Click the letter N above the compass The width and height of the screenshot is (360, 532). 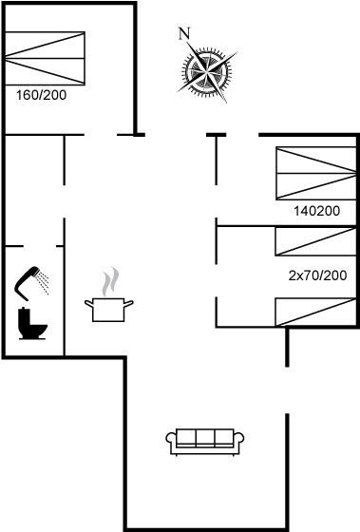coord(184,34)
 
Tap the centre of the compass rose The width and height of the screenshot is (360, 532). coord(207,71)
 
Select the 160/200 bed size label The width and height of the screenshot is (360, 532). coord(42,95)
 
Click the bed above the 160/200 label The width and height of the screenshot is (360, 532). coord(45,58)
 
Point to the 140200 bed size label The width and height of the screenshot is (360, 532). coord(316,211)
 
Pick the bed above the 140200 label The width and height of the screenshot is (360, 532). coord(316,173)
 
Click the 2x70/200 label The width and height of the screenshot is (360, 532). coord(317,275)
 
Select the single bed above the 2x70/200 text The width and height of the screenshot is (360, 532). coord(315,241)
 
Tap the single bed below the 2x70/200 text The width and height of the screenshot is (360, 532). coord(315,313)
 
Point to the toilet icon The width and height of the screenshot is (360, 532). coord(32,323)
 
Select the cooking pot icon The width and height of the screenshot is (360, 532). coord(108,310)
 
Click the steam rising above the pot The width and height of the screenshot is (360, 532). coord(110,281)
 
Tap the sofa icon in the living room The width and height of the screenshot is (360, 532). coord(205,442)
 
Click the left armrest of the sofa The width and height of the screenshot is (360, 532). coord(171,441)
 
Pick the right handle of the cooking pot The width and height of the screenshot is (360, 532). coord(128,303)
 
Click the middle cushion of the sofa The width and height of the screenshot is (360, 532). coord(205,437)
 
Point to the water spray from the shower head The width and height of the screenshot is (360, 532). coord(44,281)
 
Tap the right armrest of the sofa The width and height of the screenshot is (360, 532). coord(239,441)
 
